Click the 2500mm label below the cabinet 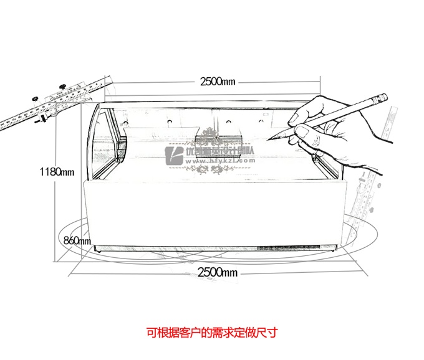(218, 272)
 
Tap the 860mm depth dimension (77, 240)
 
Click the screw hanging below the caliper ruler (42, 120)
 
